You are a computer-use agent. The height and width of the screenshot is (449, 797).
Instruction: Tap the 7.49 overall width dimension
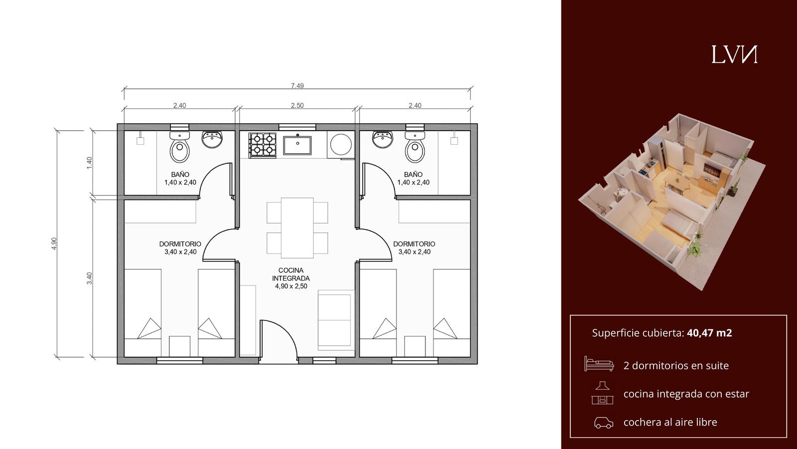297,86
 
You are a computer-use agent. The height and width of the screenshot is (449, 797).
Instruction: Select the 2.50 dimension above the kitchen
297,105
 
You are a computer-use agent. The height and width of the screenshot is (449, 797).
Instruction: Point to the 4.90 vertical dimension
54,243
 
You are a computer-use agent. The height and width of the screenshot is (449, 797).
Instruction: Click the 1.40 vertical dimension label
89,163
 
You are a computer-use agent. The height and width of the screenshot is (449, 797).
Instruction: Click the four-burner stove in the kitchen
263,145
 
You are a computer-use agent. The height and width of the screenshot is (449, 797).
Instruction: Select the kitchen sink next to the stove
297,145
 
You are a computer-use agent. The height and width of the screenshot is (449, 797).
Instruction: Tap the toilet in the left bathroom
180,147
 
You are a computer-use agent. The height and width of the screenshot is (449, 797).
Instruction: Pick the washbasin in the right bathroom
384,139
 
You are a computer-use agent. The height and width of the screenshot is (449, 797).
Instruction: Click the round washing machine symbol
341,144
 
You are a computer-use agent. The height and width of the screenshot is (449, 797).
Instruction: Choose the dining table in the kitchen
297,228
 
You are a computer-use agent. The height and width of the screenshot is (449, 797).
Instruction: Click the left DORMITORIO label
180,244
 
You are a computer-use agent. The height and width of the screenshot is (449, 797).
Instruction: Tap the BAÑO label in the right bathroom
413,175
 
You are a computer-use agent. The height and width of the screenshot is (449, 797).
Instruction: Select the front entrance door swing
278,340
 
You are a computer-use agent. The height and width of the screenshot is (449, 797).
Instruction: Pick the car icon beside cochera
604,422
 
